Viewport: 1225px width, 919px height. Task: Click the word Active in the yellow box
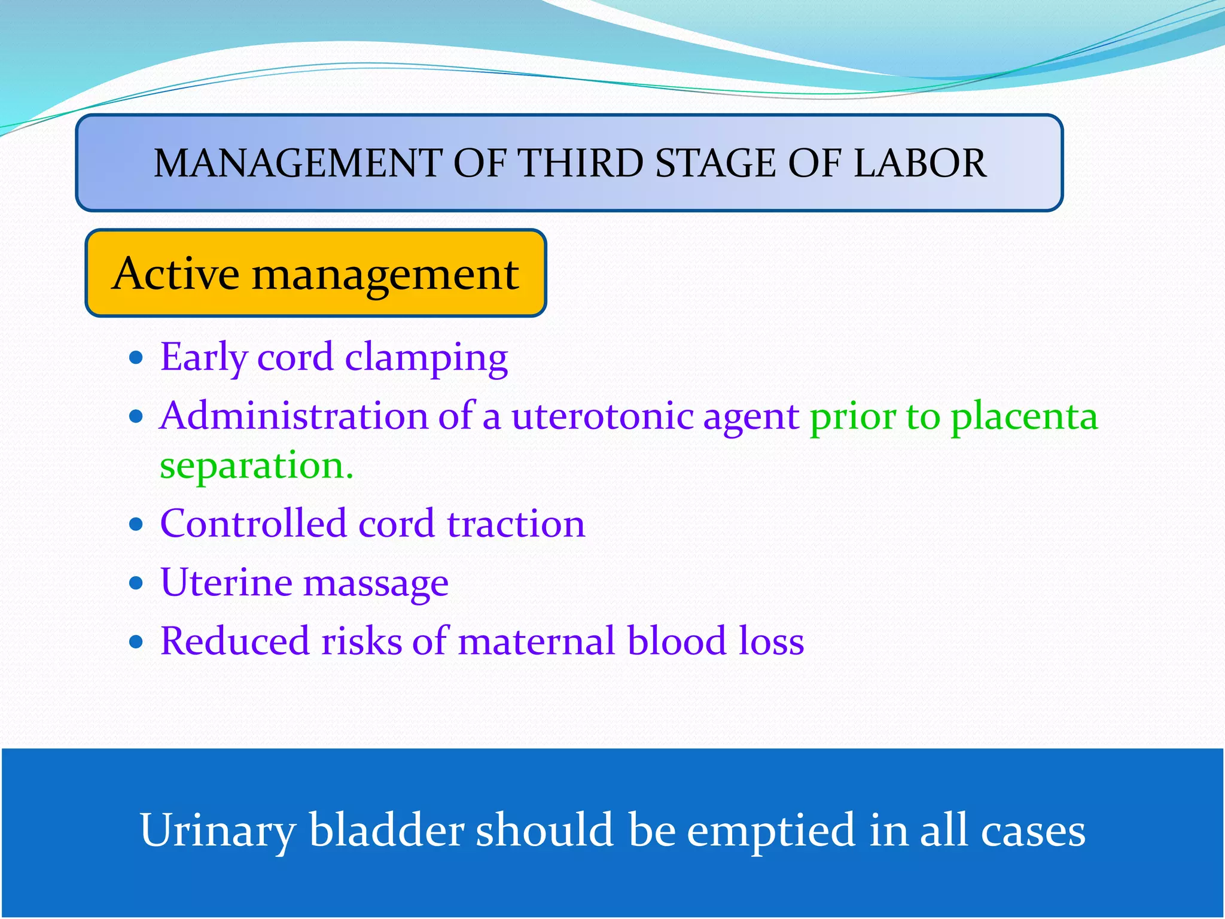[x=176, y=273]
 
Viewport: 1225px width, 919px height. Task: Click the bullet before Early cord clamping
[x=136, y=358]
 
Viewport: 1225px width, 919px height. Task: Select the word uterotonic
[x=602, y=416]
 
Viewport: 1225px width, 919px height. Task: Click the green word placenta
[x=1024, y=417]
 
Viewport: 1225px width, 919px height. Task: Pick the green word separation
[x=256, y=466]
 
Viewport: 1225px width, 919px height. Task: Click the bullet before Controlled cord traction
[x=136, y=524]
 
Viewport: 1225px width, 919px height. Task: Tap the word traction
[x=516, y=524]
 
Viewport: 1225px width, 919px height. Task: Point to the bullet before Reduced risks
[x=136, y=642]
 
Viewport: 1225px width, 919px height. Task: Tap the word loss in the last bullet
[x=771, y=641]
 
